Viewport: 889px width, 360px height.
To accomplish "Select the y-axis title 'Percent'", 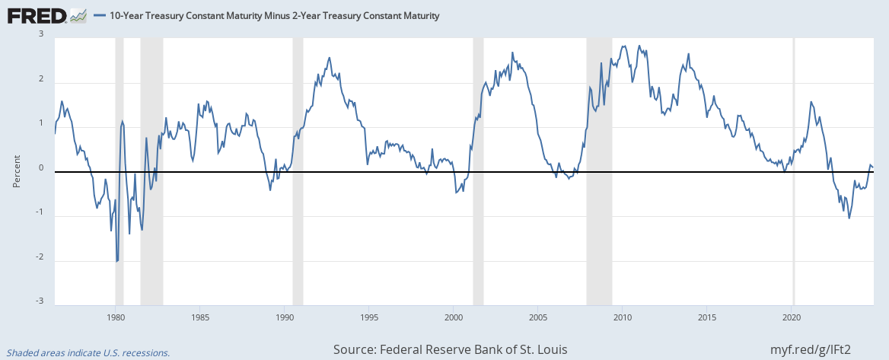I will (16, 171).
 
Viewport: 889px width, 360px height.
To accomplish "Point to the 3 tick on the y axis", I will (41, 34).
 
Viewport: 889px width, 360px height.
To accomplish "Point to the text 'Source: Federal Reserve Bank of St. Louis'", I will (449, 349).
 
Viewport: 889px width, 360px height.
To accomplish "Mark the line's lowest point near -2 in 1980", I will (116, 261).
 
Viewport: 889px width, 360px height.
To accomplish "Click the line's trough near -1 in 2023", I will (849, 218).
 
